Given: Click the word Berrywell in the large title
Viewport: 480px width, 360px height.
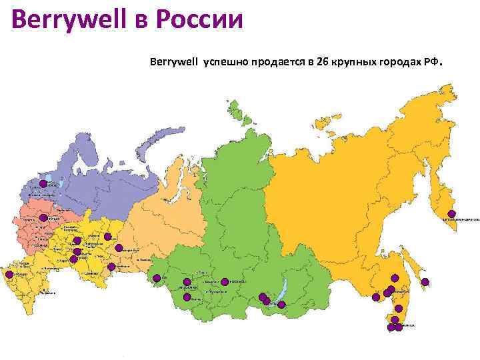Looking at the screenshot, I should point(63,18).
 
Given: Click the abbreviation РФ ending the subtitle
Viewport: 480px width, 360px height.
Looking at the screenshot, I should point(431,62).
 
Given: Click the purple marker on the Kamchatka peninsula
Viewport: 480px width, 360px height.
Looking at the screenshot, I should point(451,214).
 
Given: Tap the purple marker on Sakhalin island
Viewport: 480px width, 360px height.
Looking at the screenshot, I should point(425,281).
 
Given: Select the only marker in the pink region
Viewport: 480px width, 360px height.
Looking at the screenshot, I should point(43,218).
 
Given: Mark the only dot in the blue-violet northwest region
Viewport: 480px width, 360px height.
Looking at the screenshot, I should point(43,183).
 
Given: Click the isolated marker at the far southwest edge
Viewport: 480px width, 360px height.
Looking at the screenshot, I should point(9,274).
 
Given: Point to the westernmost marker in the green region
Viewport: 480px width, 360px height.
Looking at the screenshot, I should point(156,278).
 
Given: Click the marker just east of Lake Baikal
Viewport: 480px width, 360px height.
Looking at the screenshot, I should point(281,305).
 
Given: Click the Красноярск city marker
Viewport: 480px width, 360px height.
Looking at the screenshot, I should point(225,281).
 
